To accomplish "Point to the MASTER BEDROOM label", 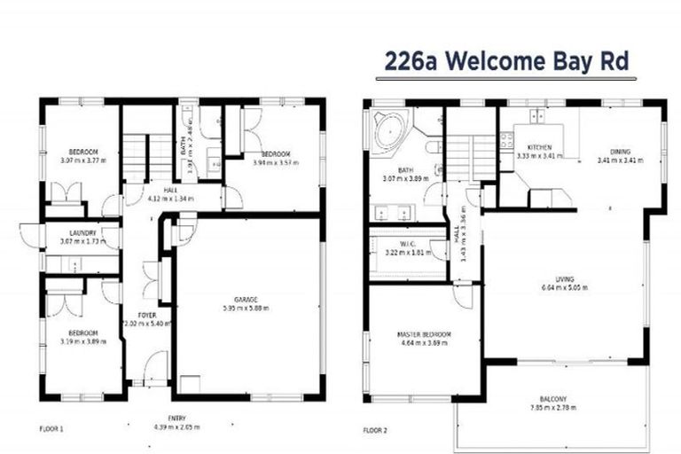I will [424, 334].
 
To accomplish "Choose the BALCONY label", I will [552, 398].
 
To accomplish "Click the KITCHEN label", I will [539, 147].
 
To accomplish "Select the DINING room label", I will [620, 152].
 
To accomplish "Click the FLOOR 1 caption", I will [51, 428].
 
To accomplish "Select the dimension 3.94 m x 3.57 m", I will [276, 162].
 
